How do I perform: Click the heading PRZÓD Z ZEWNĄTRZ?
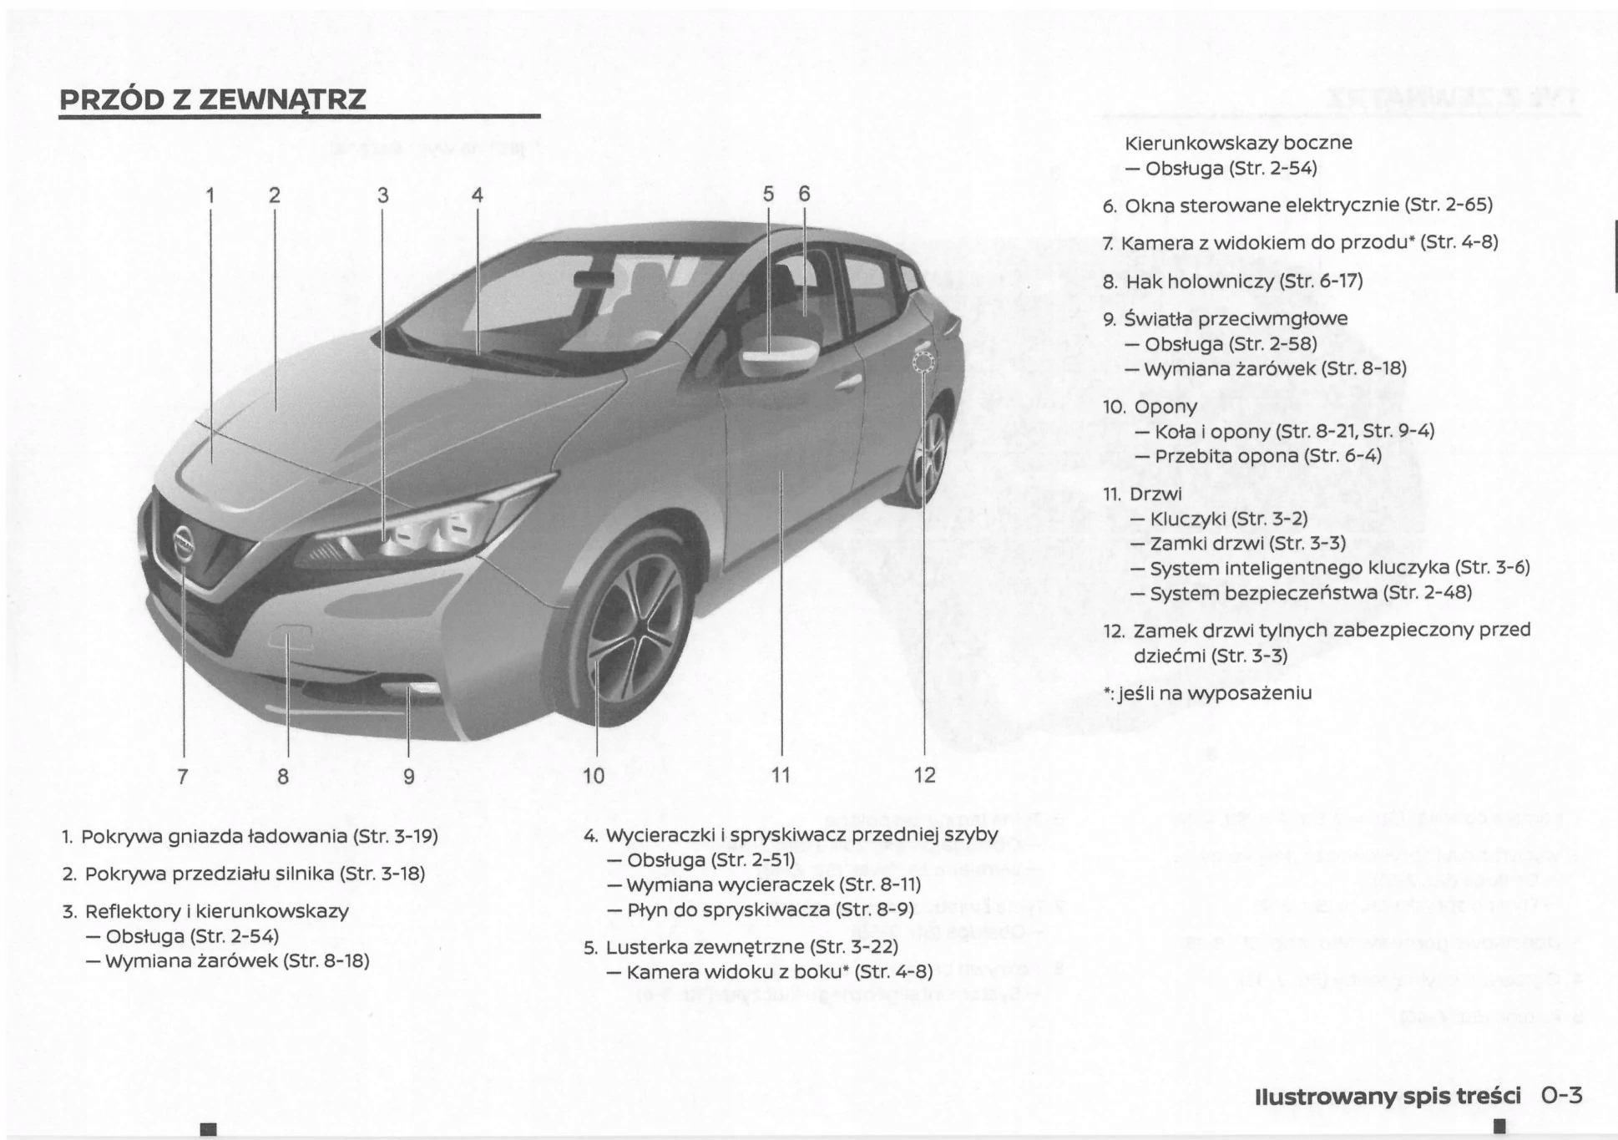(213, 99)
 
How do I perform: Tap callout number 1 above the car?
(210, 195)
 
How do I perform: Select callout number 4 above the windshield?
(477, 195)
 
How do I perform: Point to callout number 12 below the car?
(924, 775)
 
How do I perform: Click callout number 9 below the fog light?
(409, 776)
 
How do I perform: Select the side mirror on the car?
(776, 355)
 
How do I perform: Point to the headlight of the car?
(417, 535)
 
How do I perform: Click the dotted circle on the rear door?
(923, 362)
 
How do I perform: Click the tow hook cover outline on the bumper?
(288, 639)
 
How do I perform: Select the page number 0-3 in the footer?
(1562, 1095)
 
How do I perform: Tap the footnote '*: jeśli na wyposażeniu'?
(1207, 692)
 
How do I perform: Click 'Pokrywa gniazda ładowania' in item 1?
(215, 836)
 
